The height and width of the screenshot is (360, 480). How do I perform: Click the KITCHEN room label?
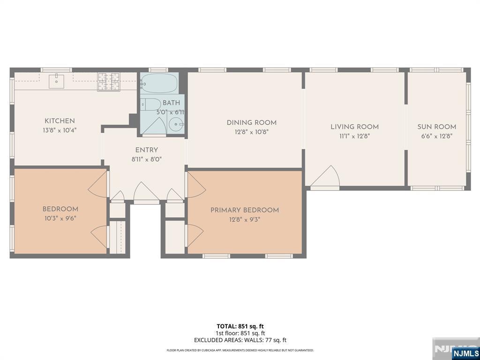click(x=60, y=121)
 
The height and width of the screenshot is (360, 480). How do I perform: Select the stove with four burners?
click(x=109, y=82)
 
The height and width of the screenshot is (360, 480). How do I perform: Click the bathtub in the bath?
click(x=159, y=84)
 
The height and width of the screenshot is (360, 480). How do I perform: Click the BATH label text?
click(x=171, y=103)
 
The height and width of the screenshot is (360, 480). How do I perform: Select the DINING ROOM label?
click(x=252, y=123)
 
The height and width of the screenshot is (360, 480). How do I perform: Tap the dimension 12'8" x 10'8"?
click(x=252, y=132)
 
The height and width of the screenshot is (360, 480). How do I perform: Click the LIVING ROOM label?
click(x=354, y=127)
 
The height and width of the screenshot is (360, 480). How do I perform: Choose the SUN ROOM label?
click(x=436, y=127)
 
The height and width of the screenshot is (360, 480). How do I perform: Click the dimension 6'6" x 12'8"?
click(x=436, y=136)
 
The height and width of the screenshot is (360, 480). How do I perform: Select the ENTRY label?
click(x=147, y=150)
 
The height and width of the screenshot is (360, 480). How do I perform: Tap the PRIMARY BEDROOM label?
click(x=245, y=210)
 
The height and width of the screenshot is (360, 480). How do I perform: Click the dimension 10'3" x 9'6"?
click(x=60, y=218)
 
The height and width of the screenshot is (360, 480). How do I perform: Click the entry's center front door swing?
click(x=146, y=193)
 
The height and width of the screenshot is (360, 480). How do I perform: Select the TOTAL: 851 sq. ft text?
click(x=240, y=326)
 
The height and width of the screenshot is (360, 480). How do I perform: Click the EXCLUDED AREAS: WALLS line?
click(x=240, y=340)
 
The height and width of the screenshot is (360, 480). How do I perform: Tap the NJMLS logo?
click(x=465, y=353)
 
